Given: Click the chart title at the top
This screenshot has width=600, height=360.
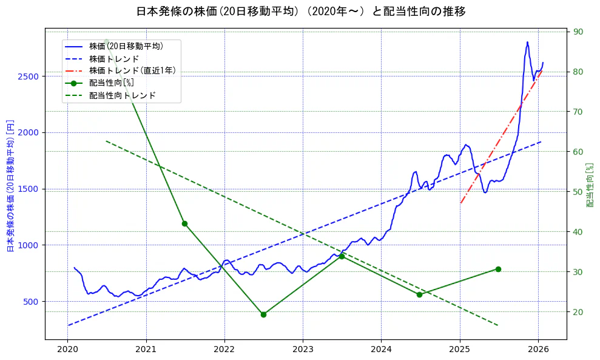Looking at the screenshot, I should [300, 12].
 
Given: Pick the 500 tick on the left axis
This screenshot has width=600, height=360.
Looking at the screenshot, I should [32, 302].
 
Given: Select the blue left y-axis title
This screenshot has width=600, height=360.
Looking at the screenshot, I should [10, 186].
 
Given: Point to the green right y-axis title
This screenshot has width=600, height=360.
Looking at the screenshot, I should [589, 185].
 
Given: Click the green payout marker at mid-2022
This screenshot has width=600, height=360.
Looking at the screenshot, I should [263, 314].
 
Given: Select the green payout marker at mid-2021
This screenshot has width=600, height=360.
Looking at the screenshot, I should [184, 223].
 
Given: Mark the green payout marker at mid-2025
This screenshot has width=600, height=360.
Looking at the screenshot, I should [498, 269].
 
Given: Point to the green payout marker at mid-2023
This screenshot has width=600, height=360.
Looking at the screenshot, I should [342, 256].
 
